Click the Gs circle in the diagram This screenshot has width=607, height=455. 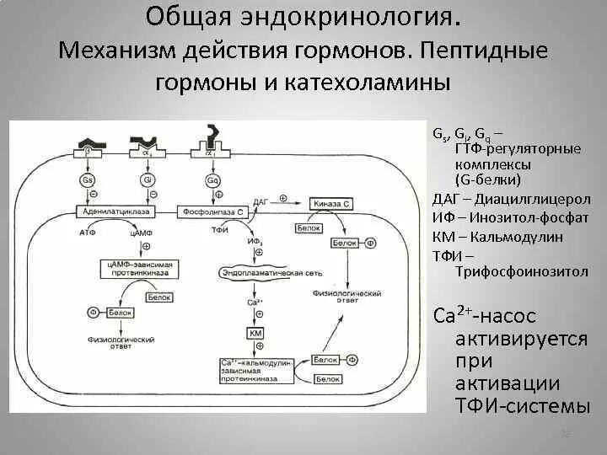pos(87,179)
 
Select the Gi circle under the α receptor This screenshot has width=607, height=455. pos(148,179)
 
